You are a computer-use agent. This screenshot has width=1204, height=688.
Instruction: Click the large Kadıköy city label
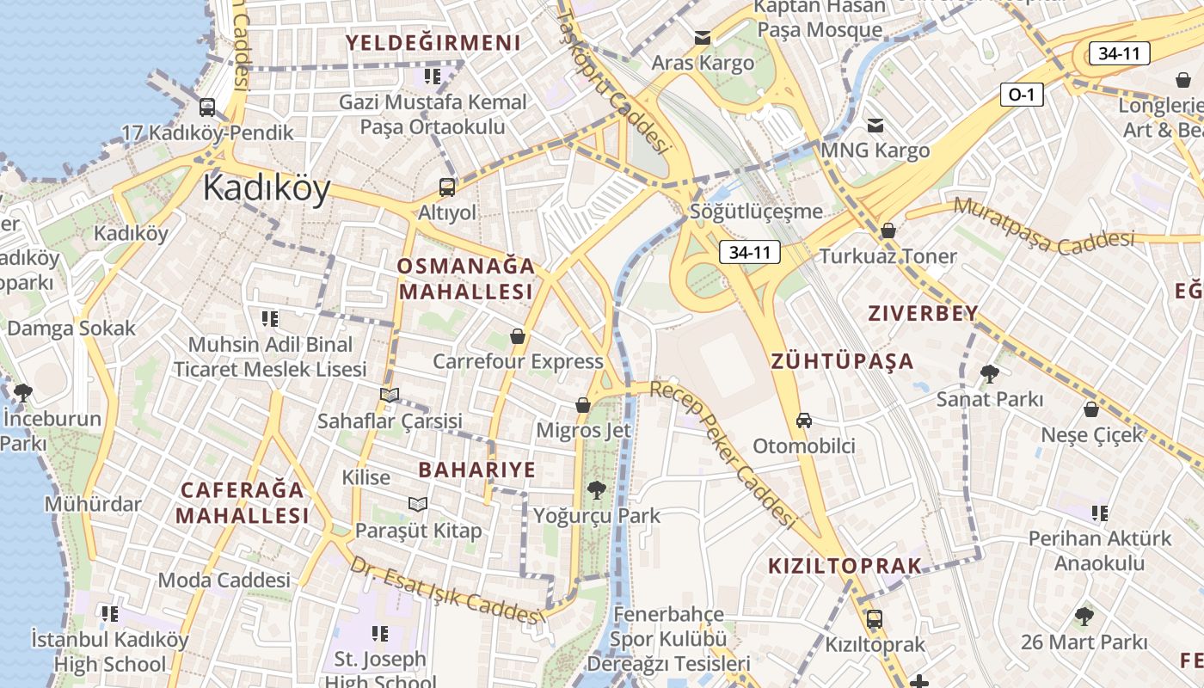pyautogui.click(x=267, y=188)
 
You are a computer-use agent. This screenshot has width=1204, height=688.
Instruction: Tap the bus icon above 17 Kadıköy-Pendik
pyautogui.click(x=207, y=107)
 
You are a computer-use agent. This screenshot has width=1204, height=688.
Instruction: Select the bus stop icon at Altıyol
pyautogui.click(x=446, y=187)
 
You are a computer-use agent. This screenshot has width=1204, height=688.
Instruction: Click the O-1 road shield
pyautogui.click(x=1021, y=95)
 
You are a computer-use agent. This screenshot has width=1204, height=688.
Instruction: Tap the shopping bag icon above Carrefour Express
pyautogui.click(x=518, y=335)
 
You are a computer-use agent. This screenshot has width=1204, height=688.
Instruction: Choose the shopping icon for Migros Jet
pyautogui.click(x=583, y=404)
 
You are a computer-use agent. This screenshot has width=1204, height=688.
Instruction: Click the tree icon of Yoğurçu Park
pyautogui.click(x=595, y=490)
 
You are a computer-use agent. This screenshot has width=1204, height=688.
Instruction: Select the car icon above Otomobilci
pyautogui.click(x=803, y=421)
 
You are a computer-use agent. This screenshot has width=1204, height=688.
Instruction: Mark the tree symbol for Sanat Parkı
pyautogui.click(x=989, y=373)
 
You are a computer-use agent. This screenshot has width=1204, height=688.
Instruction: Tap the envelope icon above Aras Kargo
pyautogui.click(x=703, y=38)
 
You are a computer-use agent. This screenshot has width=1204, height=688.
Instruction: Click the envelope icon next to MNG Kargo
pyautogui.click(x=875, y=126)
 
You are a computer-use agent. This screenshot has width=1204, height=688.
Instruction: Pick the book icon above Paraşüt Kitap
pyautogui.click(x=418, y=504)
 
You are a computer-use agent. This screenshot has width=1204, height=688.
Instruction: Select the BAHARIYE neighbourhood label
pyautogui.click(x=476, y=470)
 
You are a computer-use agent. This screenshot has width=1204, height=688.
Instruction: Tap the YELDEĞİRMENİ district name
pyautogui.click(x=433, y=43)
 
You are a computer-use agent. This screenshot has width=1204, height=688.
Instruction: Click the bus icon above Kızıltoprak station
pyautogui.click(x=874, y=618)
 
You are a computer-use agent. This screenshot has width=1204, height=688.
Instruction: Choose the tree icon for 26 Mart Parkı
pyautogui.click(x=1084, y=616)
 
